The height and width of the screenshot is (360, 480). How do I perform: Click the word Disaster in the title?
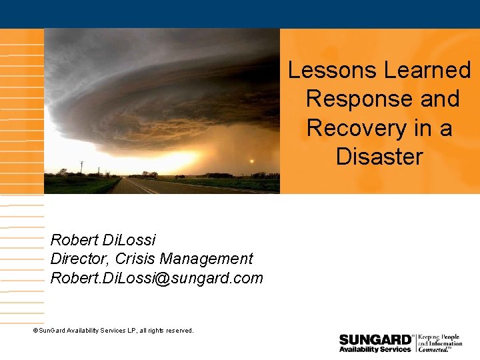tap(379, 157)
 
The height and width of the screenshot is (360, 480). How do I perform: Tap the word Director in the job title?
tap(79, 259)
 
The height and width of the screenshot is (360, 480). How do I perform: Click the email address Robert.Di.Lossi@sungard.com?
tap(157, 278)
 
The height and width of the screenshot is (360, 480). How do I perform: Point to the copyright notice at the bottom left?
tap(113, 331)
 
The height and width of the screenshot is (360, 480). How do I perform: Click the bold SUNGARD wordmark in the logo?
tap(375, 339)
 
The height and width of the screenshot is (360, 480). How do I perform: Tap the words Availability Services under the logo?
tap(375, 349)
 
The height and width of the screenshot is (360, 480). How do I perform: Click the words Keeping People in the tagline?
tap(439, 337)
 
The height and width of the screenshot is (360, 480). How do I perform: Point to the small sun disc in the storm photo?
tap(251, 161)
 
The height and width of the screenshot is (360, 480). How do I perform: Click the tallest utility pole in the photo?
tap(81, 167)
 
